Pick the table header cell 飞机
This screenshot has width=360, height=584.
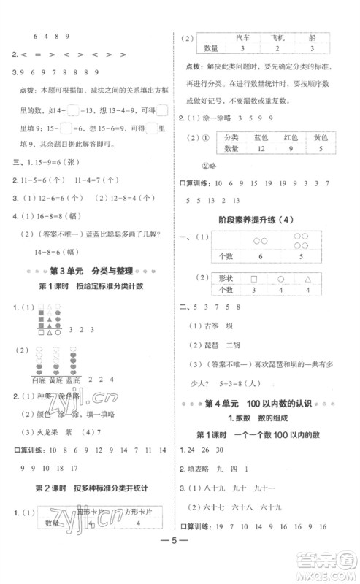[280, 36]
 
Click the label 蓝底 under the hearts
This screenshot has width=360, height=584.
[72, 380]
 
